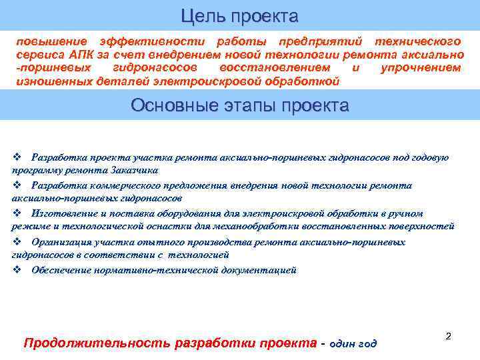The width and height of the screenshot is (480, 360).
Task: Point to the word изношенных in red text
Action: tap(49, 81)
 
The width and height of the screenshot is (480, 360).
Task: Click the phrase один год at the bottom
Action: tap(353, 344)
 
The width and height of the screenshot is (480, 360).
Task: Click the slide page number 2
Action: tap(448, 337)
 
